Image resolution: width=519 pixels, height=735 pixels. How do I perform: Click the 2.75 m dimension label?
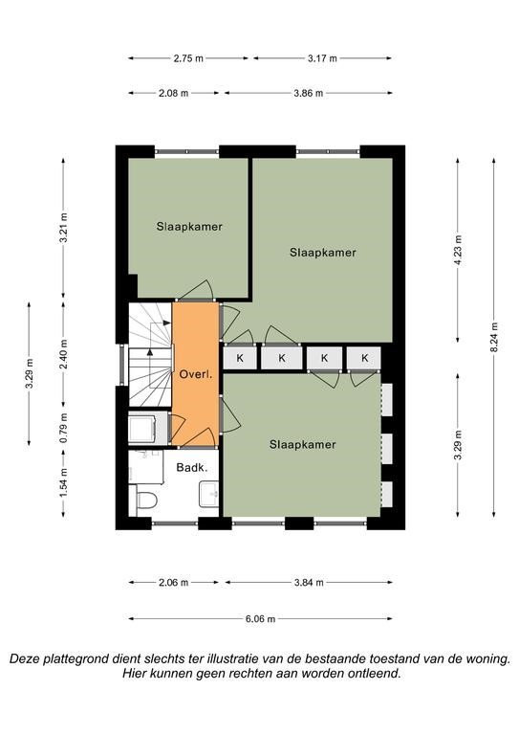(x=188, y=58)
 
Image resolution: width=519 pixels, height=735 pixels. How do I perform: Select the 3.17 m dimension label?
(x=322, y=58)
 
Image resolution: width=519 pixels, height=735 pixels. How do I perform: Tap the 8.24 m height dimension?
(x=494, y=338)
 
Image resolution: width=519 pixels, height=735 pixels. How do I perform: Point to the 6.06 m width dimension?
(x=260, y=619)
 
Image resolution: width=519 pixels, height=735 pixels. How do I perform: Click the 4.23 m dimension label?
(x=458, y=250)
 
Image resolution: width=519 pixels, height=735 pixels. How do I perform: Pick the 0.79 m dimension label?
(x=64, y=428)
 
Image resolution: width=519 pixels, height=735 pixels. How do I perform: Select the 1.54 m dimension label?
(x=64, y=483)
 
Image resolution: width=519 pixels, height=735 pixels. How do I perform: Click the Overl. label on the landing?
(x=196, y=374)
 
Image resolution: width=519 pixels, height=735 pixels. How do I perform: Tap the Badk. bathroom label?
(x=192, y=467)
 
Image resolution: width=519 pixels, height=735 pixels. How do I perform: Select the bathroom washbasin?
(x=208, y=494)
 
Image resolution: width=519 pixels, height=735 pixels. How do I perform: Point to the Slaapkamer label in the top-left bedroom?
(x=189, y=227)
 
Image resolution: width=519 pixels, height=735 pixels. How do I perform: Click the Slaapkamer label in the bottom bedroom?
(x=303, y=444)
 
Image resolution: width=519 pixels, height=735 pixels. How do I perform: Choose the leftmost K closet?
(x=240, y=358)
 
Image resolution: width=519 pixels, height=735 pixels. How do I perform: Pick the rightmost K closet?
(x=364, y=358)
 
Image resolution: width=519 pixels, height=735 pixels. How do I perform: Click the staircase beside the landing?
(x=151, y=354)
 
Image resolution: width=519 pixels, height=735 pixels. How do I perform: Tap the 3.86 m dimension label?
(x=309, y=93)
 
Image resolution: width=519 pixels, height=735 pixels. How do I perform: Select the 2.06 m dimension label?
(x=173, y=583)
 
